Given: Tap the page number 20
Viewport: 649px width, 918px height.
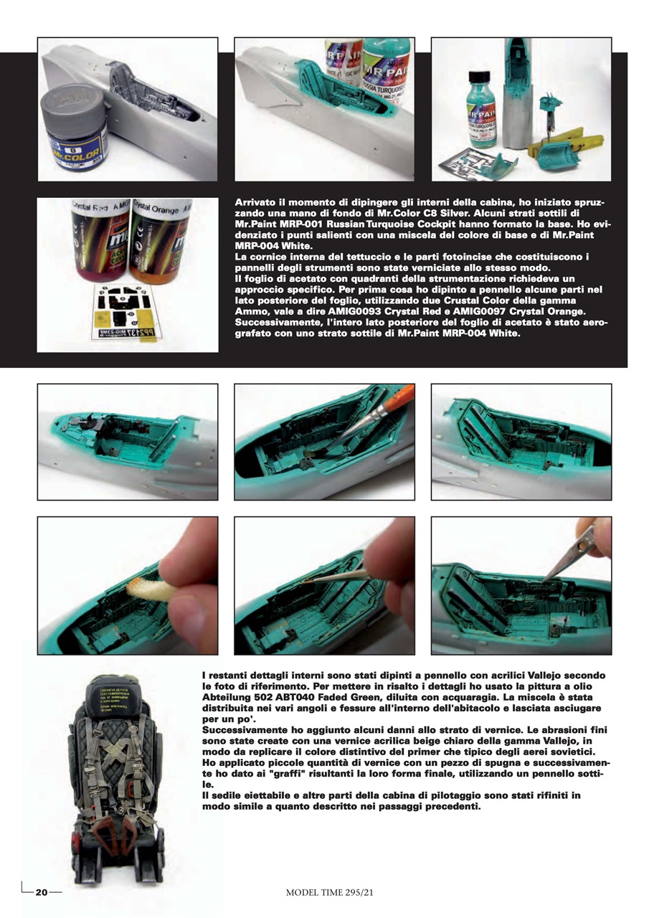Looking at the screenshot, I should tap(42, 892).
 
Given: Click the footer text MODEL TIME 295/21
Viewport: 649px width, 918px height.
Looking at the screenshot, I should tap(329, 892).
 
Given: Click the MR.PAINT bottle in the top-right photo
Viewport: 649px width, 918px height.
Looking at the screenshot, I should tap(485, 108).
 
